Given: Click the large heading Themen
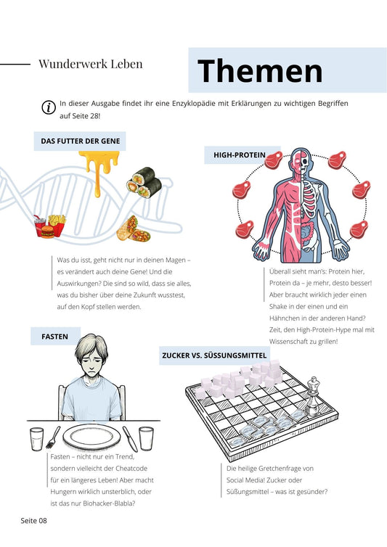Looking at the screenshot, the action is [x=260, y=70].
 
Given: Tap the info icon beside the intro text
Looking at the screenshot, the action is [x=49, y=107].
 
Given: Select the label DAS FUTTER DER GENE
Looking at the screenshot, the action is [x=81, y=141].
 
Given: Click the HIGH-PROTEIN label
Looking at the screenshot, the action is [x=240, y=155].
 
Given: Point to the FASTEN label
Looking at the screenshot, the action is [x=55, y=337].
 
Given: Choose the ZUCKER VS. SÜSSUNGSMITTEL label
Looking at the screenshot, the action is [x=214, y=355].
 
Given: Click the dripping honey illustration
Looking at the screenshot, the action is [x=99, y=171].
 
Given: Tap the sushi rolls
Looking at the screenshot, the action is [x=144, y=182].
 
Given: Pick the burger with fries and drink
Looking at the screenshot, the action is [x=50, y=226].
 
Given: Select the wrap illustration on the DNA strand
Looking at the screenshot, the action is [x=134, y=229].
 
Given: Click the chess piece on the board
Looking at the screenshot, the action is [x=312, y=395].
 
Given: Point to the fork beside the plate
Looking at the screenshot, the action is [x=52, y=437].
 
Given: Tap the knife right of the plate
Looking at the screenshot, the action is [x=129, y=439].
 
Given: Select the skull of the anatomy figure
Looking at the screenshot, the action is [x=305, y=162].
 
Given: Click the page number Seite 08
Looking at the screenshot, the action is [x=33, y=521].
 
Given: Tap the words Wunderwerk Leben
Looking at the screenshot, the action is [x=91, y=64].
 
